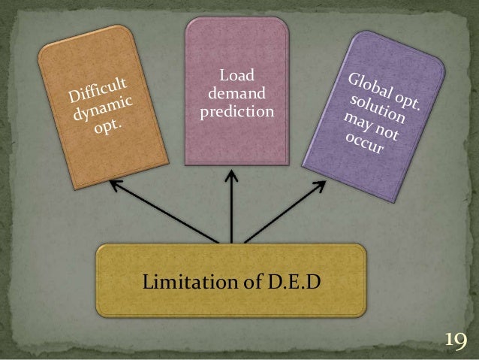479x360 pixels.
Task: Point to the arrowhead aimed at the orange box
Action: (113, 183)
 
